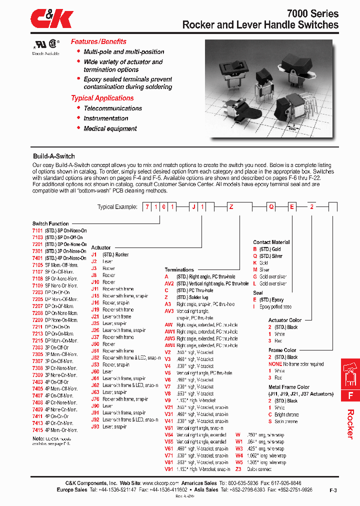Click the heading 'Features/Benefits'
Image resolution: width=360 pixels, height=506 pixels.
(98, 41)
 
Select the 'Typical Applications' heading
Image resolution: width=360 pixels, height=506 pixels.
(102, 98)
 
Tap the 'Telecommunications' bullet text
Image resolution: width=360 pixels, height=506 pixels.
(112, 108)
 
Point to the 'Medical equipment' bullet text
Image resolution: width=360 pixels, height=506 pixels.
(110, 128)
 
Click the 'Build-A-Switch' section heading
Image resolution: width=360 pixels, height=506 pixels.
(53, 156)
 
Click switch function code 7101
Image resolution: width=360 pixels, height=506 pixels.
(37, 230)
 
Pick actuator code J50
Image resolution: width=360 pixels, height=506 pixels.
(94, 344)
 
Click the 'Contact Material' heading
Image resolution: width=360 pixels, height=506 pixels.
(271, 242)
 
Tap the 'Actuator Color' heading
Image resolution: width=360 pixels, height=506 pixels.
(285, 320)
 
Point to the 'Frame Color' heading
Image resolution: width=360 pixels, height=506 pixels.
(282, 350)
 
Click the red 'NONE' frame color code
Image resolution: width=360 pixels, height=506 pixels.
(275, 364)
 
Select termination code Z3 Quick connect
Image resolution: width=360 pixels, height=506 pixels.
(238, 469)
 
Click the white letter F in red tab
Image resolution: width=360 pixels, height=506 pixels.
(350, 395)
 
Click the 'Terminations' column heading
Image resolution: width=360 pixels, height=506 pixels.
(179, 269)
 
